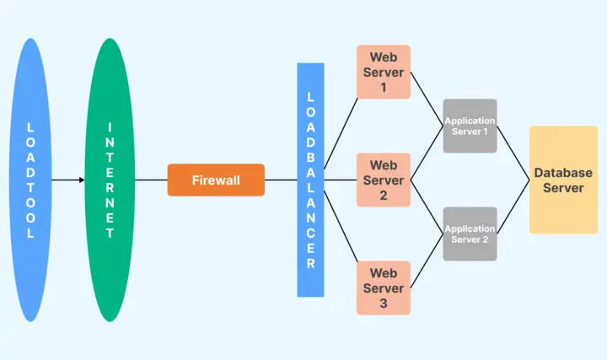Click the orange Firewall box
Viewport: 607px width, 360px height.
(216, 180)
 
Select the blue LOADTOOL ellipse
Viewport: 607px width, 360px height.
(31, 180)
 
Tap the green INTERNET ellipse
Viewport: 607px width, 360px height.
(110, 180)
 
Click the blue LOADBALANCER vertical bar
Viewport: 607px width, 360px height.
(310, 180)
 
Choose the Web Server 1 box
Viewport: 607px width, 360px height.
(384, 72)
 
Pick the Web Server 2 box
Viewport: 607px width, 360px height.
(384, 180)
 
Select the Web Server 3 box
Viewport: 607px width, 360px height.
(384, 287)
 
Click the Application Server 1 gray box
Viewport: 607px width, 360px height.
(470, 126)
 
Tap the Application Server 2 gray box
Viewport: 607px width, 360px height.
(470, 234)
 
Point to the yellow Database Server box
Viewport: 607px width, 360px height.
(563, 180)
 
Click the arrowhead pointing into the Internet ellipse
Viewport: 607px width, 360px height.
(82, 180)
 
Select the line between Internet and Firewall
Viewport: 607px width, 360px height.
(151, 180)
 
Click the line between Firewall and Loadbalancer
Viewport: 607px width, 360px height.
(281, 180)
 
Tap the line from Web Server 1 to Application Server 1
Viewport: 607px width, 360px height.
(427, 99)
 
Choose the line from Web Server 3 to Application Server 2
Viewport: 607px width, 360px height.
(427, 261)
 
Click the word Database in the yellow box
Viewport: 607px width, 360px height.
(563, 173)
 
